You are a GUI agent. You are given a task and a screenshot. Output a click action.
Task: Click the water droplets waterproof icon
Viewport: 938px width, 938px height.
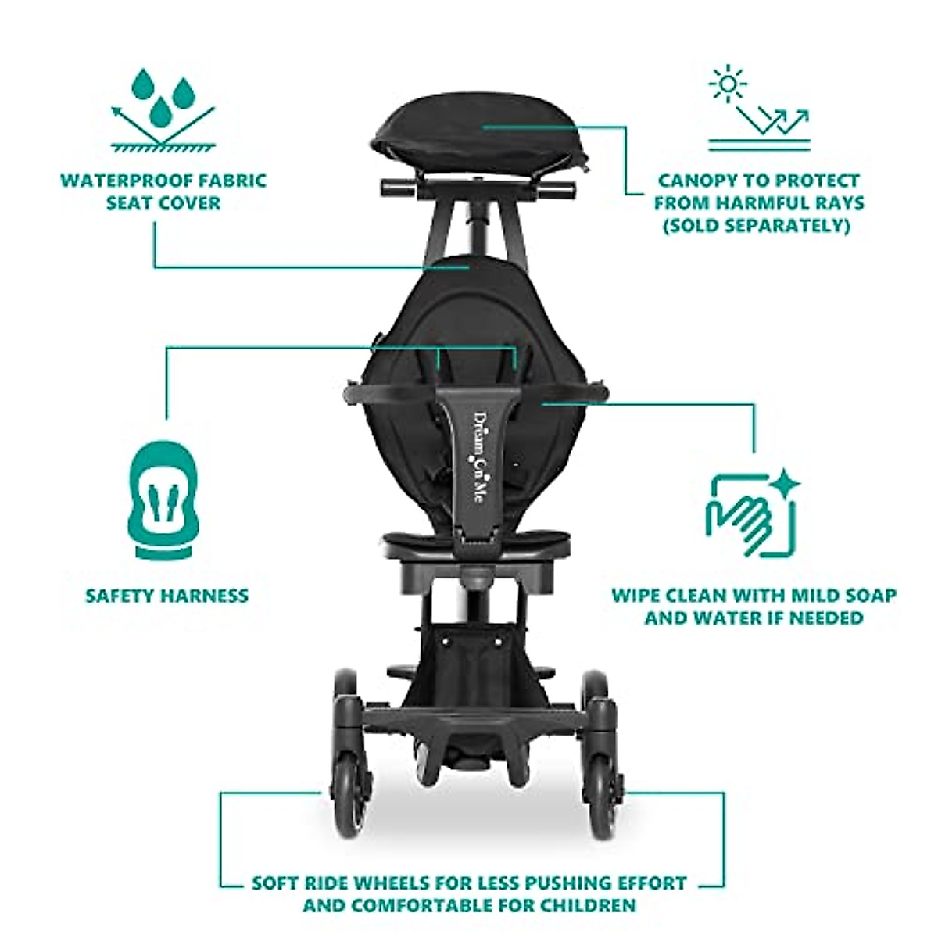coord(163,108)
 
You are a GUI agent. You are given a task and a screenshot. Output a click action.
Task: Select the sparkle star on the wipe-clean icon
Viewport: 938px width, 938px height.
coord(785,484)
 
